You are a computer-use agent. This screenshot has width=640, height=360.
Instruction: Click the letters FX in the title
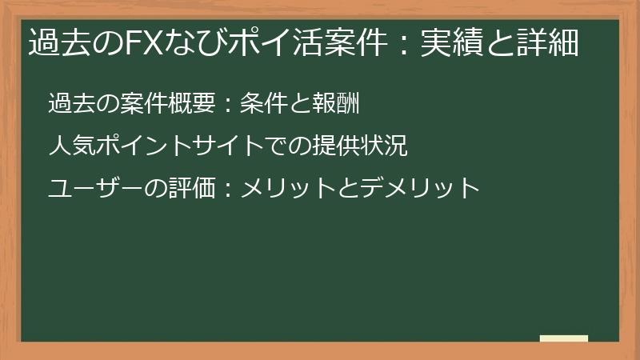click(141, 42)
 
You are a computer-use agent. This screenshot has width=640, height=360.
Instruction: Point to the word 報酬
click(338, 104)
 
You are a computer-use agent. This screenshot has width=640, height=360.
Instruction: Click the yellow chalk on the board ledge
click(563, 338)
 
